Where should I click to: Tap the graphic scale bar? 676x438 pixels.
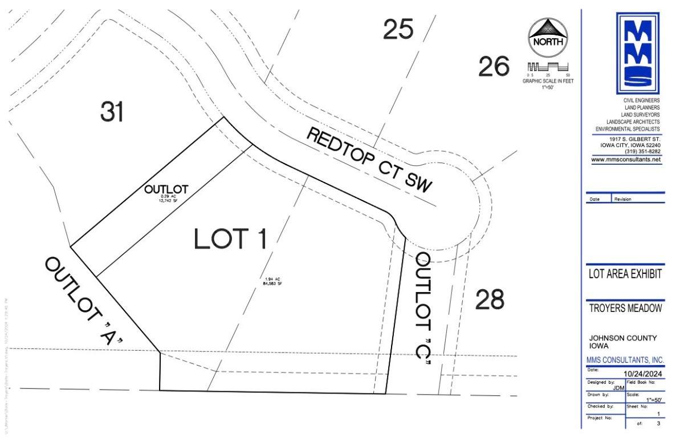point(548,67)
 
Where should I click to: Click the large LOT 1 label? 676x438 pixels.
point(230,239)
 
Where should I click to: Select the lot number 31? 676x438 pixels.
point(112,111)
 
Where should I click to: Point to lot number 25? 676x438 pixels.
point(398,30)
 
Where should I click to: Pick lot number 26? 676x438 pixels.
point(494,67)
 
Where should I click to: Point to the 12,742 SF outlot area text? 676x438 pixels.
point(166,201)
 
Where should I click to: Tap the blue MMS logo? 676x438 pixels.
point(638,53)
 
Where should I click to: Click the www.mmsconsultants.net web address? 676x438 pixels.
point(626,160)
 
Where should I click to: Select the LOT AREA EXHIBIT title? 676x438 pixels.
point(625,274)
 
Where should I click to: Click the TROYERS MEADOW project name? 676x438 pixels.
point(625,309)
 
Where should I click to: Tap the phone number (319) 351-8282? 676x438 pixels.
point(642,152)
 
